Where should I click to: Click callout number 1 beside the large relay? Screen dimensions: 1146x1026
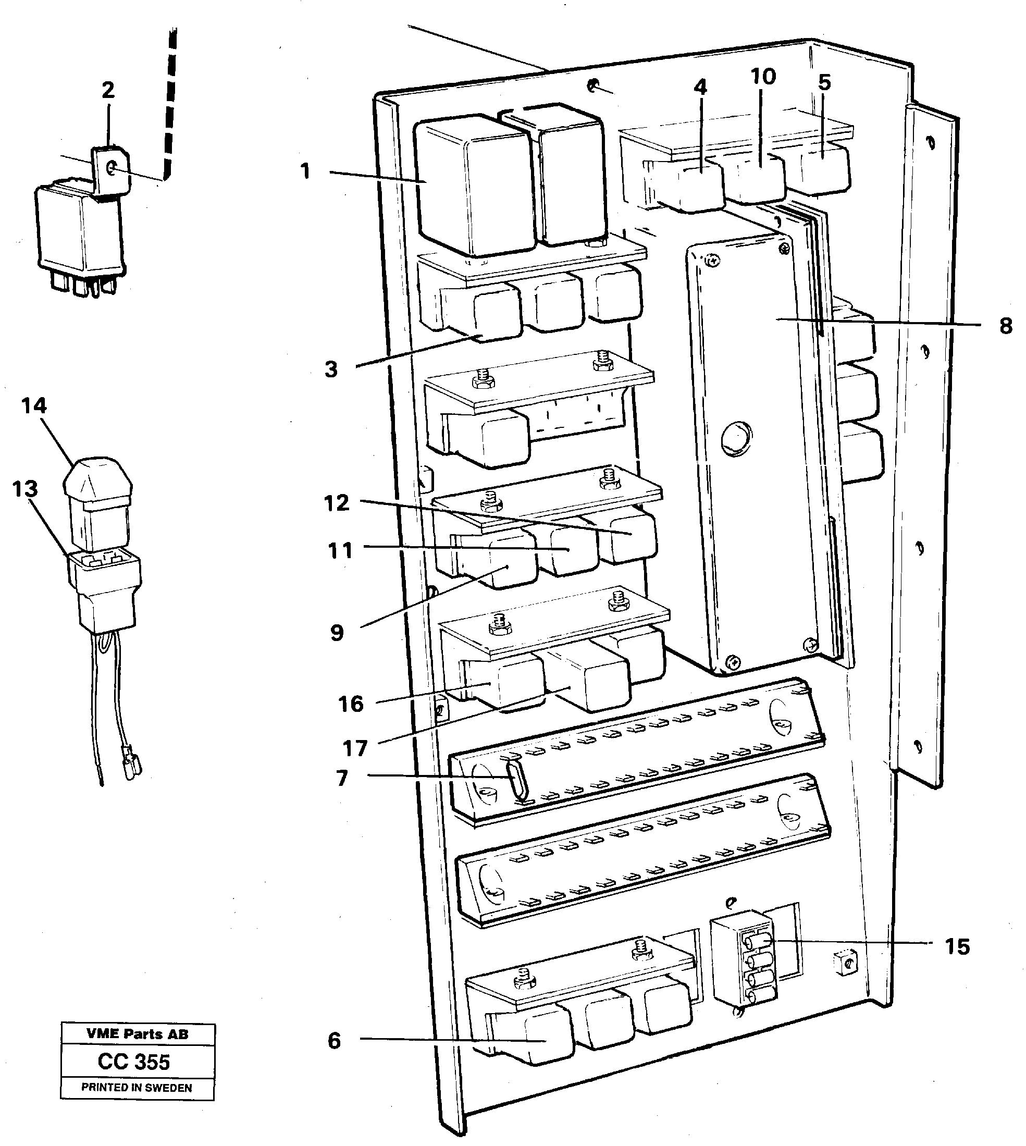[x=305, y=170]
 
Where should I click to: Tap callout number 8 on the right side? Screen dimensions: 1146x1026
[x=1005, y=326]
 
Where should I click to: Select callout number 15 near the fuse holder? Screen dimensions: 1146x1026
[x=957, y=946]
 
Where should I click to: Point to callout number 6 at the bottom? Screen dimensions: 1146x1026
[x=335, y=1041]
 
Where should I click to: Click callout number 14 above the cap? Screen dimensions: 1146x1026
[x=34, y=405]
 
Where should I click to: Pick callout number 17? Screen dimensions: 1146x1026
[x=354, y=748]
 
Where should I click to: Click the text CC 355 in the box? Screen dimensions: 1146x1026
[x=133, y=1062]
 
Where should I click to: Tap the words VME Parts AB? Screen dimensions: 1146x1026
[x=137, y=1034]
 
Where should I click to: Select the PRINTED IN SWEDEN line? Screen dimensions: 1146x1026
[x=137, y=1088]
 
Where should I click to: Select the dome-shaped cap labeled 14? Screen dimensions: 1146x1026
[x=98, y=479]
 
